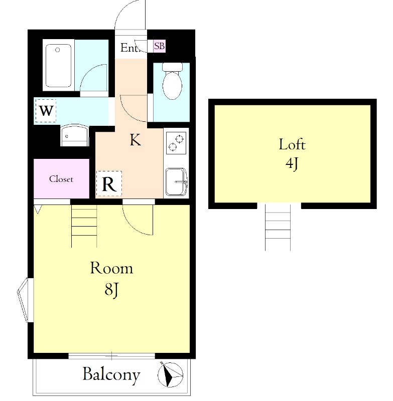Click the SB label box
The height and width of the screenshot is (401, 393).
point(159,46)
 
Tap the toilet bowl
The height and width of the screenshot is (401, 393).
point(172,81)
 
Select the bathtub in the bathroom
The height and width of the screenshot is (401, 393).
point(58,66)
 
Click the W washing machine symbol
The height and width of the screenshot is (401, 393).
point(46,110)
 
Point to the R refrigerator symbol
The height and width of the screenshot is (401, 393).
point(109,183)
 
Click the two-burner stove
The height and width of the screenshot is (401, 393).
point(176,143)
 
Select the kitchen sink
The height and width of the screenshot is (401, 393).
point(176,181)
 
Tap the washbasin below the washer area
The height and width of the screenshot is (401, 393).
point(74,135)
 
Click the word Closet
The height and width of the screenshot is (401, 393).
point(61,179)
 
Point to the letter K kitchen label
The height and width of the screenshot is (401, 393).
point(135,140)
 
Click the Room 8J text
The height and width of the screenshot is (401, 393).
point(111,279)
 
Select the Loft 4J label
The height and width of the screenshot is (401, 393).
point(292,154)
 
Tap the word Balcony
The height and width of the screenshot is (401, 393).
point(111,375)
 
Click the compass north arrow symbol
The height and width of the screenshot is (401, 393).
point(170,374)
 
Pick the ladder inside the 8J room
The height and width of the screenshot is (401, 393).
point(84,226)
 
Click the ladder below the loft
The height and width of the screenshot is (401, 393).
point(278,227)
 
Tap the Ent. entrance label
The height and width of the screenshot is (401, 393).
point(130,48)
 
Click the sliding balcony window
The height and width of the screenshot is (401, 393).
point(111,356)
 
